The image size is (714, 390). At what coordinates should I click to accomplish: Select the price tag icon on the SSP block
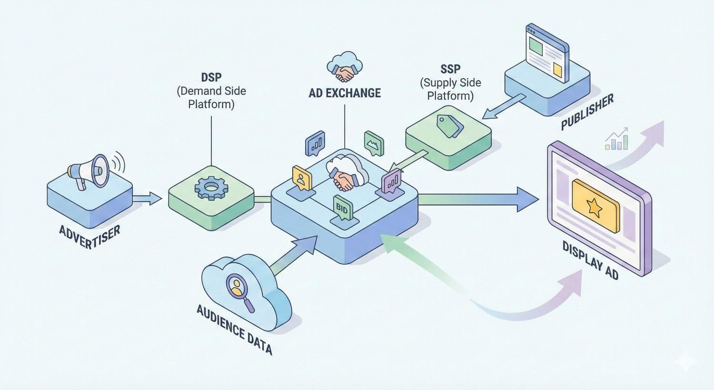[x=450, y=125]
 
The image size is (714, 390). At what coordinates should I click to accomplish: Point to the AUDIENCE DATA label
[x=234, y=329]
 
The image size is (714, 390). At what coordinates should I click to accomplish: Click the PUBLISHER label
[x=587, y=112]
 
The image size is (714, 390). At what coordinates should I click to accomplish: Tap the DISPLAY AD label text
[x=590, y=260]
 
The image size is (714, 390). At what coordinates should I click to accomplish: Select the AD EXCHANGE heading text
[x=345, y=93]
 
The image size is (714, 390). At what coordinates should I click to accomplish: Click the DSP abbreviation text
[x=211, y=77]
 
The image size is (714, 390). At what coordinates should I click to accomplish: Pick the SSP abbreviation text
[x=450, y=70]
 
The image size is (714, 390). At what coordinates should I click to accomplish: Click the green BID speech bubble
[x=342, y=208]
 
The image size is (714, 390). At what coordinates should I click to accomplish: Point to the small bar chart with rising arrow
[x=617, y=139]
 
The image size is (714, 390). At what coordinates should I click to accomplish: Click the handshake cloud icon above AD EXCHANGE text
[x=345, y=67]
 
